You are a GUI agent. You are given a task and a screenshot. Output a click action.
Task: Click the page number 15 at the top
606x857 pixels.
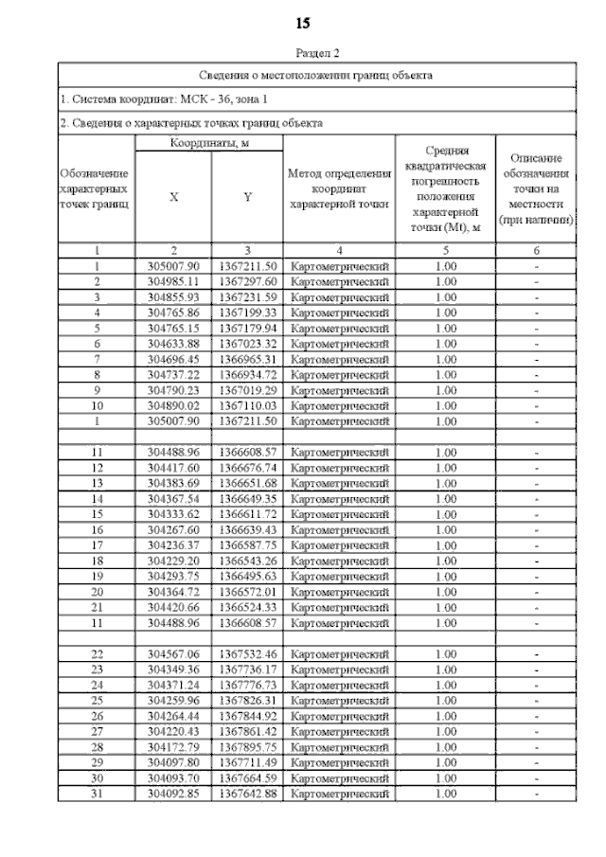pos(303,22)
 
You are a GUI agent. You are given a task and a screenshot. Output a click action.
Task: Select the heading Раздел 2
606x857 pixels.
pos(317,55)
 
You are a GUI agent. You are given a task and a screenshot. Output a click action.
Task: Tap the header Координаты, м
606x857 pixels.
pos(208,143)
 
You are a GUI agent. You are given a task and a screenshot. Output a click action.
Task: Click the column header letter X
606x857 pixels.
pos(173,198)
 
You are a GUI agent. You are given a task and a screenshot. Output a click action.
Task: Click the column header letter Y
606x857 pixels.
pos(247,198)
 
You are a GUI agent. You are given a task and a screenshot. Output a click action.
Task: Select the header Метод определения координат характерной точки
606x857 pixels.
pos(339,188)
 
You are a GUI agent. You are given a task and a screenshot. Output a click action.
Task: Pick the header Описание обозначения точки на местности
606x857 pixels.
pos(536,188)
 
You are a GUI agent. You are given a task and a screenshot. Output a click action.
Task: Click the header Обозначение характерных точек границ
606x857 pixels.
pos(96,188)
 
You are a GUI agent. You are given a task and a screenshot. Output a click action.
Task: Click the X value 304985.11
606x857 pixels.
pos(173,282)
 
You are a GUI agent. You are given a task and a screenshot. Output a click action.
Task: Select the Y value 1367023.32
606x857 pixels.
pos(247,344)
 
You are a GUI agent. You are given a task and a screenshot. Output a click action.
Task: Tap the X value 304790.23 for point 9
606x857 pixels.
pos(173,390)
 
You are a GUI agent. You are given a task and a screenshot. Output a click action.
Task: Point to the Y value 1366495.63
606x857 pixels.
pos(247,576)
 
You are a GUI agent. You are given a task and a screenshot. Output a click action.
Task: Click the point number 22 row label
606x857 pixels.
pos(96,654)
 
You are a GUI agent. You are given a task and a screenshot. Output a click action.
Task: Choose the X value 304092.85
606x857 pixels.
pos(173,793)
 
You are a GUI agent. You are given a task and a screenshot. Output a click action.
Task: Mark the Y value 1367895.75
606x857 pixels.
pos(247,746)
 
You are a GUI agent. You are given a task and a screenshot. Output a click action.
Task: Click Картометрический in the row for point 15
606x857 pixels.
pos(339,514)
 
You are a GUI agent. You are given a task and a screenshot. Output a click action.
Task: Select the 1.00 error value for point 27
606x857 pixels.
pos(445,731)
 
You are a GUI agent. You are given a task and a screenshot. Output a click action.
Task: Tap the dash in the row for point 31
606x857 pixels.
pos(536,793)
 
